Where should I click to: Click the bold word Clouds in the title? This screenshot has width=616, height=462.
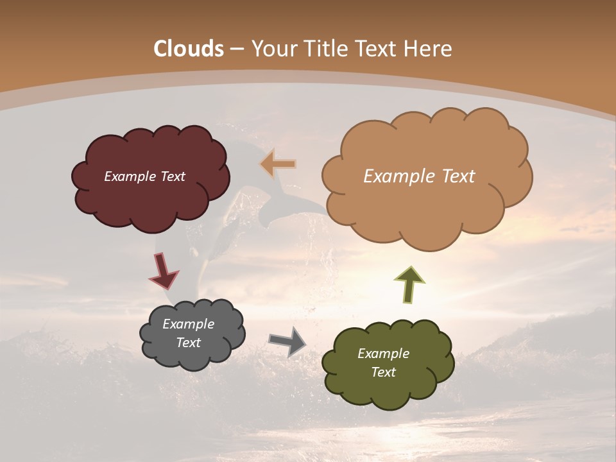pyautogui.click(x=189, y=49)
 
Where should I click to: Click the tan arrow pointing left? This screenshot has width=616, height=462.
pyautogui.click(x=278, y=164)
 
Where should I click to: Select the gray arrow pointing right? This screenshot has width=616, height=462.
pyautogui.click(x=287, y=341)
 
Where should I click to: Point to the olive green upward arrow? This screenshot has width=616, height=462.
pyautogui.click(x=409, y=284)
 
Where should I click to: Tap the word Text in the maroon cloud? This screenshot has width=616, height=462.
pyautogui.click(x=172, y=176)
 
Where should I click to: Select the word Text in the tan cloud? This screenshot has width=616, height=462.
pyautogui.click(x=457, y=176)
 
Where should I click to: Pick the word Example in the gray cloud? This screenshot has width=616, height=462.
pyautogui.click(x=189, y=324)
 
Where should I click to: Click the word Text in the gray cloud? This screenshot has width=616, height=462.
pyautogui.click(x=189, y=343)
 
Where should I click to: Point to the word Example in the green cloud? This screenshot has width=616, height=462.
pyautogui.click(x=383, y=354)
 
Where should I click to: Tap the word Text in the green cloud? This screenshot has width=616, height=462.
pyautogui.click(x=383, y=372)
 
